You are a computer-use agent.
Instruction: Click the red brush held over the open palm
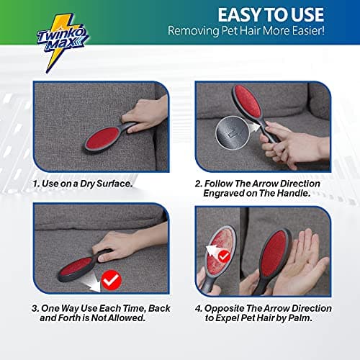tap(272, 260)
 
